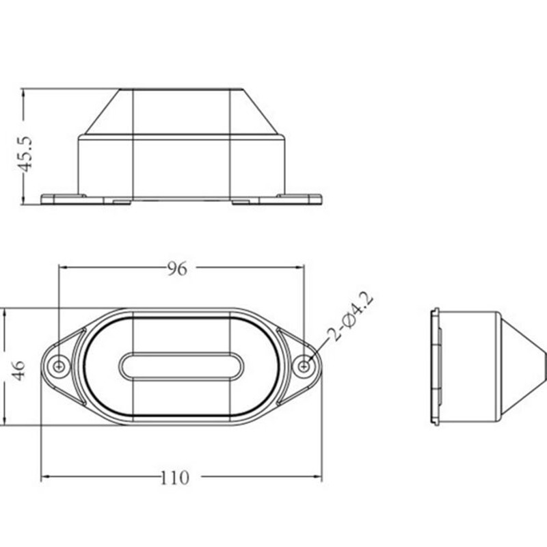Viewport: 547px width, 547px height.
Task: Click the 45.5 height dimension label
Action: tap(25, 154)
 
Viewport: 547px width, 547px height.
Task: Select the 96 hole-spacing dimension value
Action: tap(177, 269)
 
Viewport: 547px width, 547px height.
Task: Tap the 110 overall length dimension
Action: tap(175, 478)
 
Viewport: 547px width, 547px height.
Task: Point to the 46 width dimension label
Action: tap(18, 371)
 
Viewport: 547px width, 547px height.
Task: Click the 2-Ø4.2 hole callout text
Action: tap(352, 317)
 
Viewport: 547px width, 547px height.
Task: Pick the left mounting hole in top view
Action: tap(59, 366)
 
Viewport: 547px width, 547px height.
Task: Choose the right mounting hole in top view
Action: tap(304, 366)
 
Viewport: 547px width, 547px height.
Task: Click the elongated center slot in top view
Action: tap(181, 366)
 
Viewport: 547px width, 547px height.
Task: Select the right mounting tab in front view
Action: tap(299, 199)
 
